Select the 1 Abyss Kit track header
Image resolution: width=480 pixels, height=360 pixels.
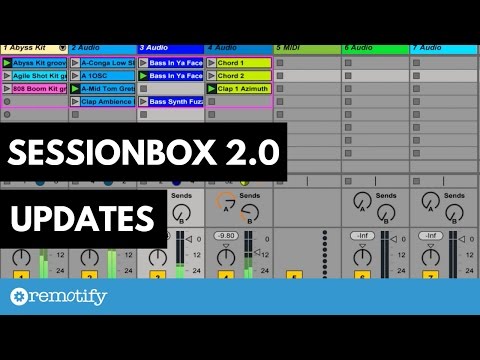[x=30, y=48]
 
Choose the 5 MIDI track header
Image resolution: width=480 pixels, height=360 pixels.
[x=306, y=48]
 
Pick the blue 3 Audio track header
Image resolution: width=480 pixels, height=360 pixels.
[x=170, y=48]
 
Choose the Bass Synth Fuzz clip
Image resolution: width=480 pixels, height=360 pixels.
[x=175, y=101]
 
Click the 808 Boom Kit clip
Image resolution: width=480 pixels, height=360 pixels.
[x=39, y=88]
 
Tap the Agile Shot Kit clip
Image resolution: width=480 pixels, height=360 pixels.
[x=39, y=75]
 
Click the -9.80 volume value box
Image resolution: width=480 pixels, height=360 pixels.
[x=225, y=235]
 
